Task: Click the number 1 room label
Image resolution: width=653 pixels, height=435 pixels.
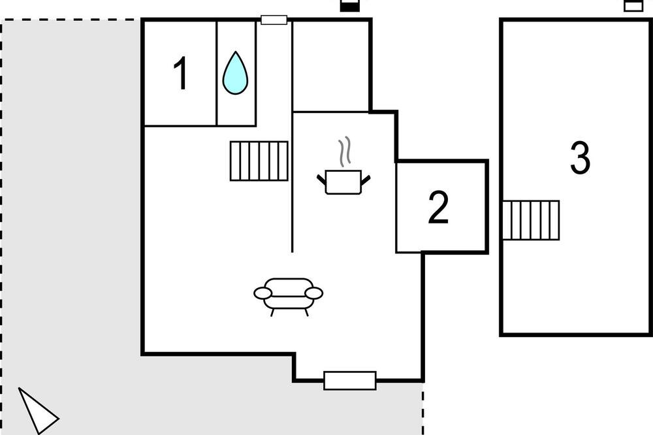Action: (181, 74)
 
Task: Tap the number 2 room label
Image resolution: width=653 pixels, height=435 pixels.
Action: (439, 207)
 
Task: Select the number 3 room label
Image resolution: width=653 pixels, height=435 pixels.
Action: (580, 157)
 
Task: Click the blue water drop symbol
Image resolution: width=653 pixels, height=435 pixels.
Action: (235, 73)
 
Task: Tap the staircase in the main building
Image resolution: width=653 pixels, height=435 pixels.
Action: (259, 161)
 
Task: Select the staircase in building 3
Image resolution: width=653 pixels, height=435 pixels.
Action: (531, 220)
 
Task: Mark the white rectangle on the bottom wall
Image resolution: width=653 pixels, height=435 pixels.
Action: (350, 380)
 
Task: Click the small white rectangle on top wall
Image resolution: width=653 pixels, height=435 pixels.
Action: (274, 20)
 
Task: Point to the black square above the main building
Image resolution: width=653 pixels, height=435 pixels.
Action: (349, 6)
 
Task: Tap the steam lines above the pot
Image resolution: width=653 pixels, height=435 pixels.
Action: (344, 152)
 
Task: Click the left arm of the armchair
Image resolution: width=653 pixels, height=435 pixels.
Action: (263, 293)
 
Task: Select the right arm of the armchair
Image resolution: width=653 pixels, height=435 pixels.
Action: (314, 293)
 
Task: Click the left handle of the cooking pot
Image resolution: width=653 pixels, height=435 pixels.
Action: (321, 180)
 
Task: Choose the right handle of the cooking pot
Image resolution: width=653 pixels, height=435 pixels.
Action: (365, 180)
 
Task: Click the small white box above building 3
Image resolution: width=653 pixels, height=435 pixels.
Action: (633, 6)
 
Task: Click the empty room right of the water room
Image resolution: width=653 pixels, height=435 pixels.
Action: (330, 66)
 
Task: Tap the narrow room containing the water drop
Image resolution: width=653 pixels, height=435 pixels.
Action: (236, 73)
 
